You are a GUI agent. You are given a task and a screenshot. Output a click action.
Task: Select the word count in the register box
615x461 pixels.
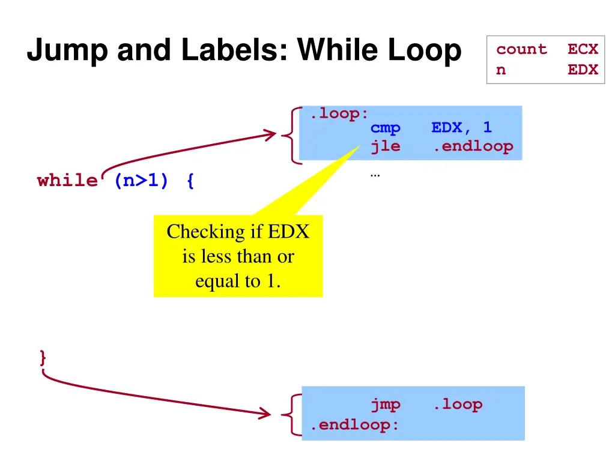click(521, 50)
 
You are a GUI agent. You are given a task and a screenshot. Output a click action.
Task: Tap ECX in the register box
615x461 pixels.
click(583, 50)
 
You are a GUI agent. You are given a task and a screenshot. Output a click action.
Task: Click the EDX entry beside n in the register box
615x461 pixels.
click(583, 70)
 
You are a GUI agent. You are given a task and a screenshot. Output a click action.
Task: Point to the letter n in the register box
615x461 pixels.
click(501, 70)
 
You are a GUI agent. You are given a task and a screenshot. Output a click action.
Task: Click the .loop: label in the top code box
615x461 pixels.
click(339, 113)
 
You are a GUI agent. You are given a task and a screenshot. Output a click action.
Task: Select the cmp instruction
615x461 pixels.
click(385, 128)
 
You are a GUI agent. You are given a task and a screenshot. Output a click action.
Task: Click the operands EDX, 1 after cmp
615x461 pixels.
click(461, 128)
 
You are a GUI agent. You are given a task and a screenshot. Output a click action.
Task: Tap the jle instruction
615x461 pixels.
click(385, 146)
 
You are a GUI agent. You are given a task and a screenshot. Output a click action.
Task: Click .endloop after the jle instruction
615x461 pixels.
click(473, 146)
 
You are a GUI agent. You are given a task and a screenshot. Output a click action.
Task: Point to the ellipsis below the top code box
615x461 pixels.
click(375, 175)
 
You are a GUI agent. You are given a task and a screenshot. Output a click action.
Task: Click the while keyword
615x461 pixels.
click(67, 181)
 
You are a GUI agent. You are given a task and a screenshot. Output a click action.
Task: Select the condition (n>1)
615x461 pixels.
click(141, 181)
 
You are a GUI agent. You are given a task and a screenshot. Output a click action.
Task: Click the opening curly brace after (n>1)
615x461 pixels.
click(190, 181)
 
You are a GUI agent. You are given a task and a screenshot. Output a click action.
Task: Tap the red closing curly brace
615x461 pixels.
click(43, 358)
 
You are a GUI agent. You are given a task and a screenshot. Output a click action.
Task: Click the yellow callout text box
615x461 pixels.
click(238, 256)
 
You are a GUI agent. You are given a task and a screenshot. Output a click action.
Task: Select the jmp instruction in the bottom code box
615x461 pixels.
click(385, 405)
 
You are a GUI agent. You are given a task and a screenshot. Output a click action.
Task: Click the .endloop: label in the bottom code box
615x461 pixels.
click(354, 425)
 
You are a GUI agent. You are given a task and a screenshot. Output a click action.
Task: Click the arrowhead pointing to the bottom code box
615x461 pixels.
click(265, 413)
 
